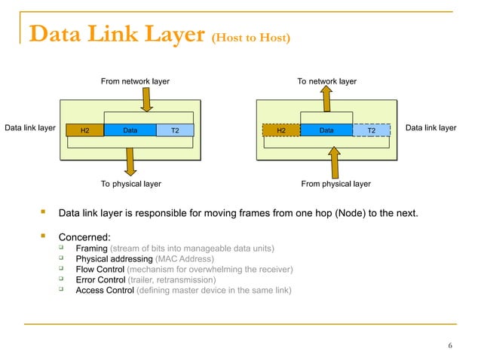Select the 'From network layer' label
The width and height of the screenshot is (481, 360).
[135, 81]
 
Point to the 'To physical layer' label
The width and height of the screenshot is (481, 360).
[130, 183]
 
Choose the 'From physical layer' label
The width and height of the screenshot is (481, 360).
[335, 183]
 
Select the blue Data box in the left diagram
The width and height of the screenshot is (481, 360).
[130, 130]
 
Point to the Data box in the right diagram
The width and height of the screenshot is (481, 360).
[326, 130]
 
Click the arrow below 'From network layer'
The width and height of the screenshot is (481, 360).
[146, 98]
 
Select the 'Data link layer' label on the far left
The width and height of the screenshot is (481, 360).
[30, 128]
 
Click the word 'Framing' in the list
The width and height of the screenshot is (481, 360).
[91, 249]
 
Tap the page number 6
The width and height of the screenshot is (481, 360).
[449, 346]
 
